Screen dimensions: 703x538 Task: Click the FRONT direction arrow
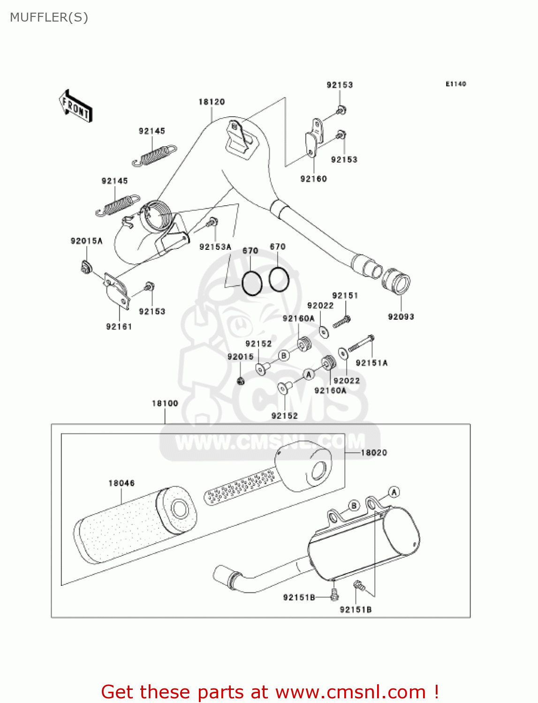[76, 106]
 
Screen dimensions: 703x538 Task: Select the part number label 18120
[212, 102]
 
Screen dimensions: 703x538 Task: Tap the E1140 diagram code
[455, 84]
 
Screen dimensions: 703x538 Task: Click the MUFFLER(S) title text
[49, 17]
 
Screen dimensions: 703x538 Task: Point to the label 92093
[401, 317]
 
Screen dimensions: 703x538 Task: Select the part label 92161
[119, 327]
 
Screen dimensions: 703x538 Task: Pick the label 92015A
[86, 241]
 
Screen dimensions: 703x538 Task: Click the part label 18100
[165, 403]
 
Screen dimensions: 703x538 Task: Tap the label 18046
[121, 483]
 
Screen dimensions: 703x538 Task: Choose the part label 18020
[374, 452]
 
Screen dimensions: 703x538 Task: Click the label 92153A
[215, 247]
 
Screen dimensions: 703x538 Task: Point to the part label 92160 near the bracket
[313, 179]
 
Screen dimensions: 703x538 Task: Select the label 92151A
[371, 363]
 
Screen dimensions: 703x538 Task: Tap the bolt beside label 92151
[342, 322]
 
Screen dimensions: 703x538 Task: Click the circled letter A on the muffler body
[394, 492]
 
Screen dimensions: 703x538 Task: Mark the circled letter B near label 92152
[284, 356]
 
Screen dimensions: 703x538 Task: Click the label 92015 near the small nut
[241, 357]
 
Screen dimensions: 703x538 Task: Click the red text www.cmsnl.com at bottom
[350, 692]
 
